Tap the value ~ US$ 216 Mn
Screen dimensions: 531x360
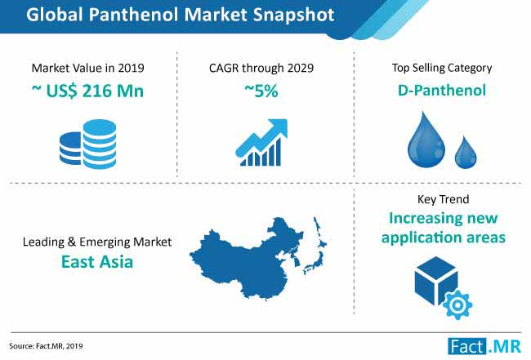point(87,91)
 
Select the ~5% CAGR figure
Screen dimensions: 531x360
point(261,91)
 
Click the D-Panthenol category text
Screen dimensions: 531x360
point(442,91)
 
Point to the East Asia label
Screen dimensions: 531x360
point(97,262)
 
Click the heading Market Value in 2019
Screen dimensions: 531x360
point(87,68)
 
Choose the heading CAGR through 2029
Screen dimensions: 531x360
point(261,68)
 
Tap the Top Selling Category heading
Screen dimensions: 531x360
point(442,68)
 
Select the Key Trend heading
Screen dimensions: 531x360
point(444,199)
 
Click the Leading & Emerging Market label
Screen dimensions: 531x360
point(97,242)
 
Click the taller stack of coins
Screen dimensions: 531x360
point(100,144)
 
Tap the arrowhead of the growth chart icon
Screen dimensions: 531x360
point(279,127)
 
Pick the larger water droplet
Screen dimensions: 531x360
point(426,140)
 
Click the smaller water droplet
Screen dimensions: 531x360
point(466,153)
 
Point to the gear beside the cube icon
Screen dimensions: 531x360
point(457,305)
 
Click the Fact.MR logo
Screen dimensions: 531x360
point(484,346)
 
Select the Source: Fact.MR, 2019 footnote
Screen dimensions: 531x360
point(46,346)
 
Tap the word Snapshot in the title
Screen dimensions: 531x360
point(294,16)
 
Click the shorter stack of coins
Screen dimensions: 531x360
point(71,149)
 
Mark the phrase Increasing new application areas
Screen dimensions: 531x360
point(444,228)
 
